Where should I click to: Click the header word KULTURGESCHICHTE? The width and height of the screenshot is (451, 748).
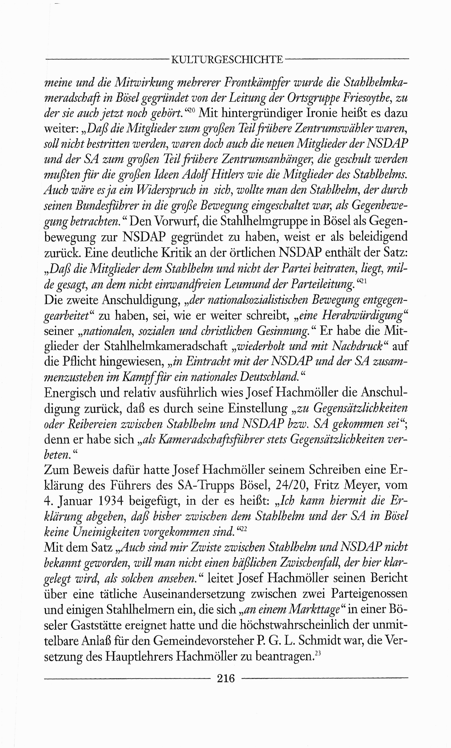(x=227, y=59)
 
